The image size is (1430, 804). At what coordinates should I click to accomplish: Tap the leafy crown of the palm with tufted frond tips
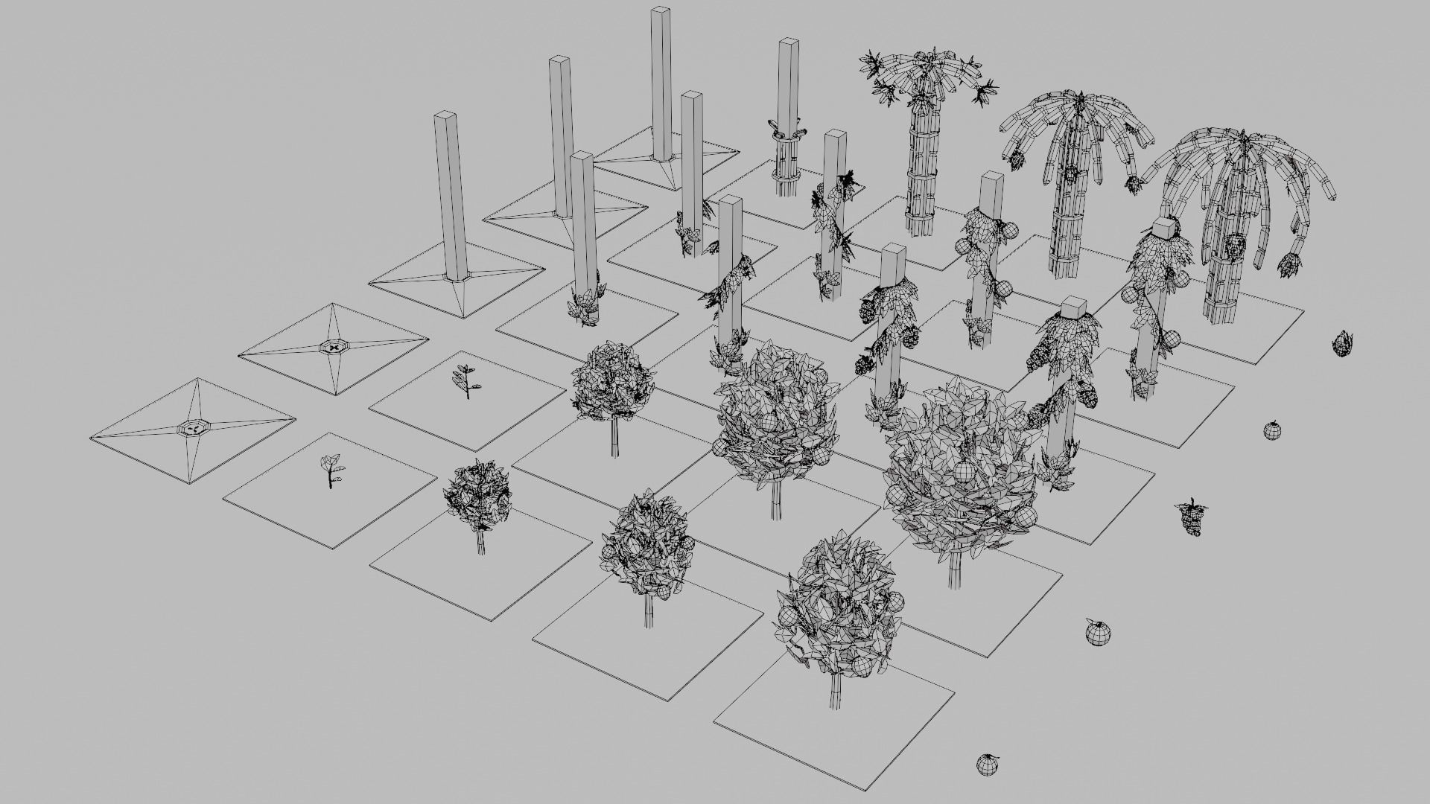(x=927, y=71)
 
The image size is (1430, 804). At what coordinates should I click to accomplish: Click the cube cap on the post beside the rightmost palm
(x=1163, y=227)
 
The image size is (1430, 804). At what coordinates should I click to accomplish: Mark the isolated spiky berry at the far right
(x=1342, y=343)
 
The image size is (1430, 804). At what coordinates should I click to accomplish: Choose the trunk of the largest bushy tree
(x=955, y=570)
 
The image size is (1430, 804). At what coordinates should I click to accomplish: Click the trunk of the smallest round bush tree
(x=481, y=542)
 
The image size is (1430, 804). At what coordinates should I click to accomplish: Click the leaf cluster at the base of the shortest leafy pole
(x=584, y=307)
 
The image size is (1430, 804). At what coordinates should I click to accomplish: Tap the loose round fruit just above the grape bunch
(x=1272, y=430)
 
